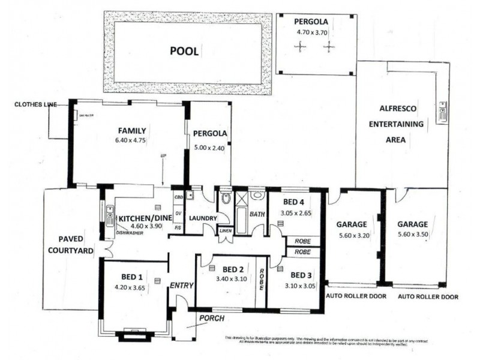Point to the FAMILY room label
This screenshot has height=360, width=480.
click(132, 130)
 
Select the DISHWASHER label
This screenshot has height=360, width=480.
click(129, 232)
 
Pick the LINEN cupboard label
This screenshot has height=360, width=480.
click(225, 230)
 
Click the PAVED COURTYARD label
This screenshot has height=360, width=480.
click(72, 245)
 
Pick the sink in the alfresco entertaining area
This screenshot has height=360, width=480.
click(443, 112)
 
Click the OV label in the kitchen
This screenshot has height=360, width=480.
click(178, 212)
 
